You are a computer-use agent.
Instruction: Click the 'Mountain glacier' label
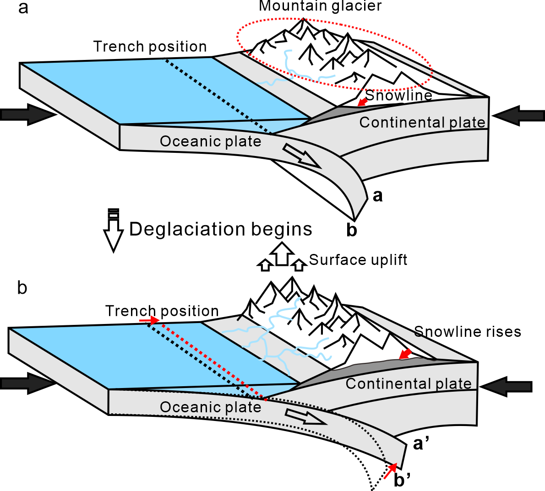320,6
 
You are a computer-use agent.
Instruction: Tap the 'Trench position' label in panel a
150,47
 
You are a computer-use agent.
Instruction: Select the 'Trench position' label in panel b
162,311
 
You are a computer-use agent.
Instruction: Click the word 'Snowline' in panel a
398,95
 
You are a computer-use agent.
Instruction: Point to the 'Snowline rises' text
467,332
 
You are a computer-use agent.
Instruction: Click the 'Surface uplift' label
358,260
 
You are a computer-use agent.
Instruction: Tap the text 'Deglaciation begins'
220,229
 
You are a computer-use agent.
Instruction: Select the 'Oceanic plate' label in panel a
210,141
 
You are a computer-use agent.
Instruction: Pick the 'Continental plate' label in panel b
408,383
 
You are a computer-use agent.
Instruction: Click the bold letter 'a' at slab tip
377,196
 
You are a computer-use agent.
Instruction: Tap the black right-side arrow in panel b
507,387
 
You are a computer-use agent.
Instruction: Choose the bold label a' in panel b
420,443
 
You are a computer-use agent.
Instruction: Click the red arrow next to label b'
390,470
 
